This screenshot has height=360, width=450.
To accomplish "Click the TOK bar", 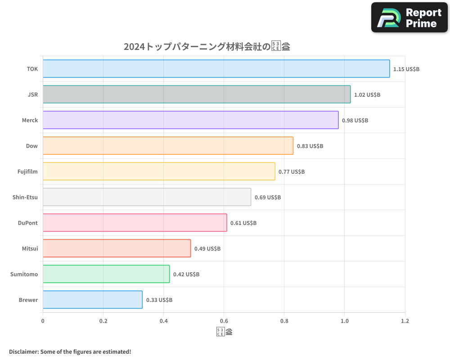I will point(216,69).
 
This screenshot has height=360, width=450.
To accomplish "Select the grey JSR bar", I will point(197,94).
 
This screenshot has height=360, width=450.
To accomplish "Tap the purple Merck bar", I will point(190,120).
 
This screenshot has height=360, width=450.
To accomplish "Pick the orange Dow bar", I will point(168,146).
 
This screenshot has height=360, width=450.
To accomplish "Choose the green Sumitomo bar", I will point(106,274).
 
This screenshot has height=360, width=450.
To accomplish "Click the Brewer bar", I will point(93,300).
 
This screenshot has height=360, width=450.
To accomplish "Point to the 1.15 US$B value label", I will point(406,69).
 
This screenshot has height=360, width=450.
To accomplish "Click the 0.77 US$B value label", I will point(291,172).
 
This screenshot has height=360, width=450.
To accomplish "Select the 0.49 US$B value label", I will point(207,249).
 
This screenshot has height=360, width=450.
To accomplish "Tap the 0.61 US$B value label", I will point(243,223).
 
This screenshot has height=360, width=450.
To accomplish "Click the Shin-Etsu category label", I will point(25,197).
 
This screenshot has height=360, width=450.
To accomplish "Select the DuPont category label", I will point(28,223).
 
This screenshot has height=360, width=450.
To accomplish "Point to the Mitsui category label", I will point(30,248).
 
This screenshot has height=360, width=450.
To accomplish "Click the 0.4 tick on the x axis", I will point(164,321).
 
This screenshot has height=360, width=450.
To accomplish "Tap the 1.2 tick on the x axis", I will point(405,321).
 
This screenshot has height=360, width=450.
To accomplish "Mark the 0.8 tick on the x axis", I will point(284,321).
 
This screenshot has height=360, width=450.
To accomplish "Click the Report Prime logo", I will point(409,18).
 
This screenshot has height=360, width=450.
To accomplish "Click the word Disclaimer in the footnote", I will point(23,351).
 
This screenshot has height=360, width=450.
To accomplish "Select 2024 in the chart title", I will point(134,47).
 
